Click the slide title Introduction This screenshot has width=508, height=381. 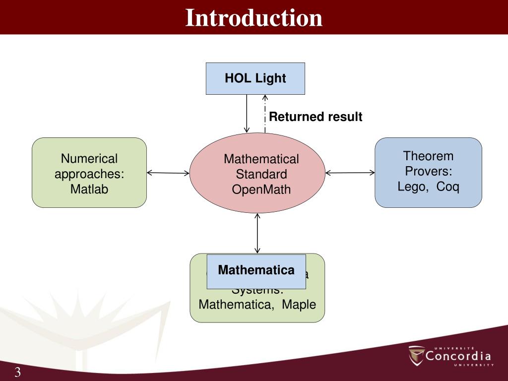coord(254,18)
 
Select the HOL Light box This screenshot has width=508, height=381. coord(255,78)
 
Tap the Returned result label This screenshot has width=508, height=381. coord(316,117)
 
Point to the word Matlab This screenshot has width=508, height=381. coord(89,189)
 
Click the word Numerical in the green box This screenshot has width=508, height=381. coord(89,159)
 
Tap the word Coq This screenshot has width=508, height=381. coord(448,187)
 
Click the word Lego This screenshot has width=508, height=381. coord(410,187)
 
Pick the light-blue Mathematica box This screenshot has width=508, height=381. coord(256,271)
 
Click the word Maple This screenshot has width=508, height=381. coord(299,305)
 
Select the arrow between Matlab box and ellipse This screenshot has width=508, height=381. coord(168,173)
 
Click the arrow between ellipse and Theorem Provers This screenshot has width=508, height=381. coord(350,173)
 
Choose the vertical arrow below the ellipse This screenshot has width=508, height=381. coord(257,233)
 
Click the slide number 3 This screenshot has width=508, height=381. coord(17,373)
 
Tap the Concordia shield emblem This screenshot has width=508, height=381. coord(417,355)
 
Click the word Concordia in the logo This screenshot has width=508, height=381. coord(458,356)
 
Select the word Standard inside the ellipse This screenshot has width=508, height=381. coord(261,174)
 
